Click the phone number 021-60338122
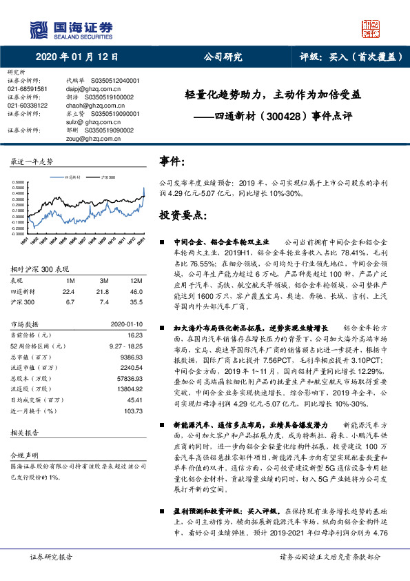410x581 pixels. [x=28, y=105]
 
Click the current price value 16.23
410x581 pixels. [x=134, y=333]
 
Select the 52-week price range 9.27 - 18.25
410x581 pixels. [x=125, y=344]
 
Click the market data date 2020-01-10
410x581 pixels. [x=126, y=323]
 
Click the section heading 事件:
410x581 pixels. [x=173, y=162]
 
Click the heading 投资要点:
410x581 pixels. [x=183, y=216]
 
